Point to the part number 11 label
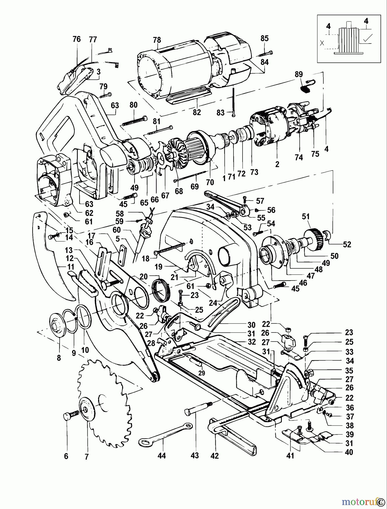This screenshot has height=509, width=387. pyautogui.click(x=71, y=267)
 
